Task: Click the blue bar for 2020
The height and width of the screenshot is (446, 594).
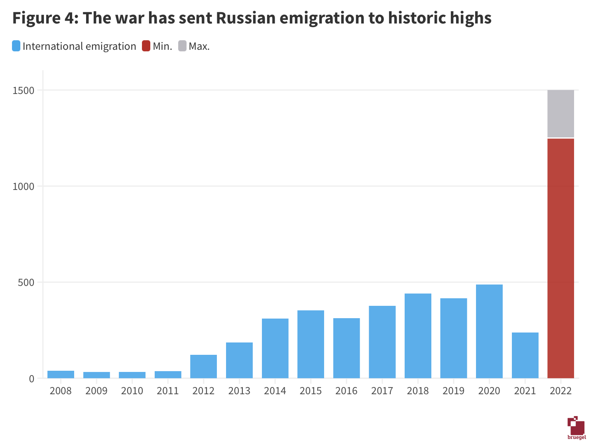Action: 489,331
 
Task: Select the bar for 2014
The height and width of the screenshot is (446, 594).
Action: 275,348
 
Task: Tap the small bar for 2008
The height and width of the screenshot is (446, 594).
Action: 61,374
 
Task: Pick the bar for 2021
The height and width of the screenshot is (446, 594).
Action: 525,355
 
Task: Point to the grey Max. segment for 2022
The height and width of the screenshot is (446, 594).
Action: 561,114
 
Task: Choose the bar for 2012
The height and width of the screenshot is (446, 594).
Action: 203,366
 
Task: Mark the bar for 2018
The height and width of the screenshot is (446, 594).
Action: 418,336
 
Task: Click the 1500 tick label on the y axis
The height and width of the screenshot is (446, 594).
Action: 24,90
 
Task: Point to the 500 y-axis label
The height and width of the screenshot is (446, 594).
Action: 26,282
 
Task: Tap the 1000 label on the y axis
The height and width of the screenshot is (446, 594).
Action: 24,186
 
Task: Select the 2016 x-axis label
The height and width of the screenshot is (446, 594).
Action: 346,391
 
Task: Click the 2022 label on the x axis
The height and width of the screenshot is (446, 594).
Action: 561,391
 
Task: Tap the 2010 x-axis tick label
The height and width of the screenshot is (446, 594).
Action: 132,391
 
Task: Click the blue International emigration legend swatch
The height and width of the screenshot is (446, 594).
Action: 16,46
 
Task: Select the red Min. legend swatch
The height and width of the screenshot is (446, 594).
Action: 146,46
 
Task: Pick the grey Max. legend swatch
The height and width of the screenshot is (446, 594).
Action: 182,46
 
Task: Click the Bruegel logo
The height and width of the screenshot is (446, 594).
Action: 576,428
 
